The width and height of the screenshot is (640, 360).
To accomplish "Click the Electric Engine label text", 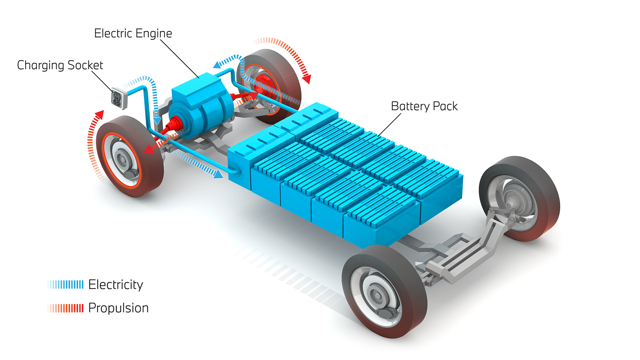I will pyautogui.click(x=133, y=33).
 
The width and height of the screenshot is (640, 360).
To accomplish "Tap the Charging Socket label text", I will pyautogui.click(x=60, y=65).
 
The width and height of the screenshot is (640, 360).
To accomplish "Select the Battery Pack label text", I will pyautogui.click(x=424, y=106).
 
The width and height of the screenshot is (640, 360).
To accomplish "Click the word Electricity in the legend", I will pyautogui.click(x=115, y=284).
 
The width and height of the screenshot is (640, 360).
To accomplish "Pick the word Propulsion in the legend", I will pyautogui.click(x=118, y=308).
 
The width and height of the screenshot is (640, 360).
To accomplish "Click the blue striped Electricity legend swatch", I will pyautogui.click(x=66, y=284).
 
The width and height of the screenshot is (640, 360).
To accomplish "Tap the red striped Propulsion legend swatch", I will pyautogui.click(x=66, y=308).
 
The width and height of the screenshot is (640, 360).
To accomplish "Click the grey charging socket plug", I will pyautogui.click(x=118, y=98).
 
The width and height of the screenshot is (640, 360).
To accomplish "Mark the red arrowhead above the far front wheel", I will pyautogui.click(x=307, y=79).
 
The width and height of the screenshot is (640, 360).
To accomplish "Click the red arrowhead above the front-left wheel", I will pyautogui.click(x=100, y=114).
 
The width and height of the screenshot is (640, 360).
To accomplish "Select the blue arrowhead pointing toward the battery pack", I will pyautogui.click(x=218, y=174).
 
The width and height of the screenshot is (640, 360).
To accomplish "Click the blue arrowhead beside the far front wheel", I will pyautogui.click(x=217, y=64).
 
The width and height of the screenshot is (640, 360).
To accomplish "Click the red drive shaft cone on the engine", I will pyautogui.click(x=173, y=125).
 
